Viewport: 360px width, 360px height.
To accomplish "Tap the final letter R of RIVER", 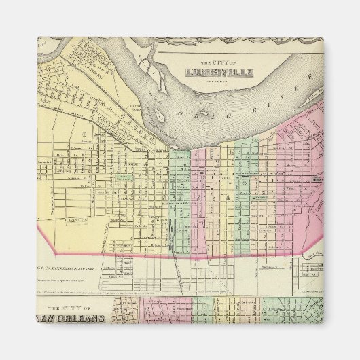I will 307,80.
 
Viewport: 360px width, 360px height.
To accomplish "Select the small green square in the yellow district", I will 123,177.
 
